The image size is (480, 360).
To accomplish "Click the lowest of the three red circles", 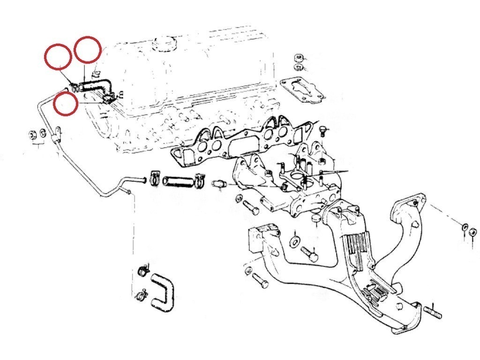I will click(65, 103).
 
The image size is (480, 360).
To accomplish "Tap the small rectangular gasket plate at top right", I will click(302, 90).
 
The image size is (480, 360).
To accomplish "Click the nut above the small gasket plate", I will click(298, 59).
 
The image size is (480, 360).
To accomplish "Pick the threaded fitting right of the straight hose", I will click(219, 183).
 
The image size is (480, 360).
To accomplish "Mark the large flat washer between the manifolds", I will click(295, 241).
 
